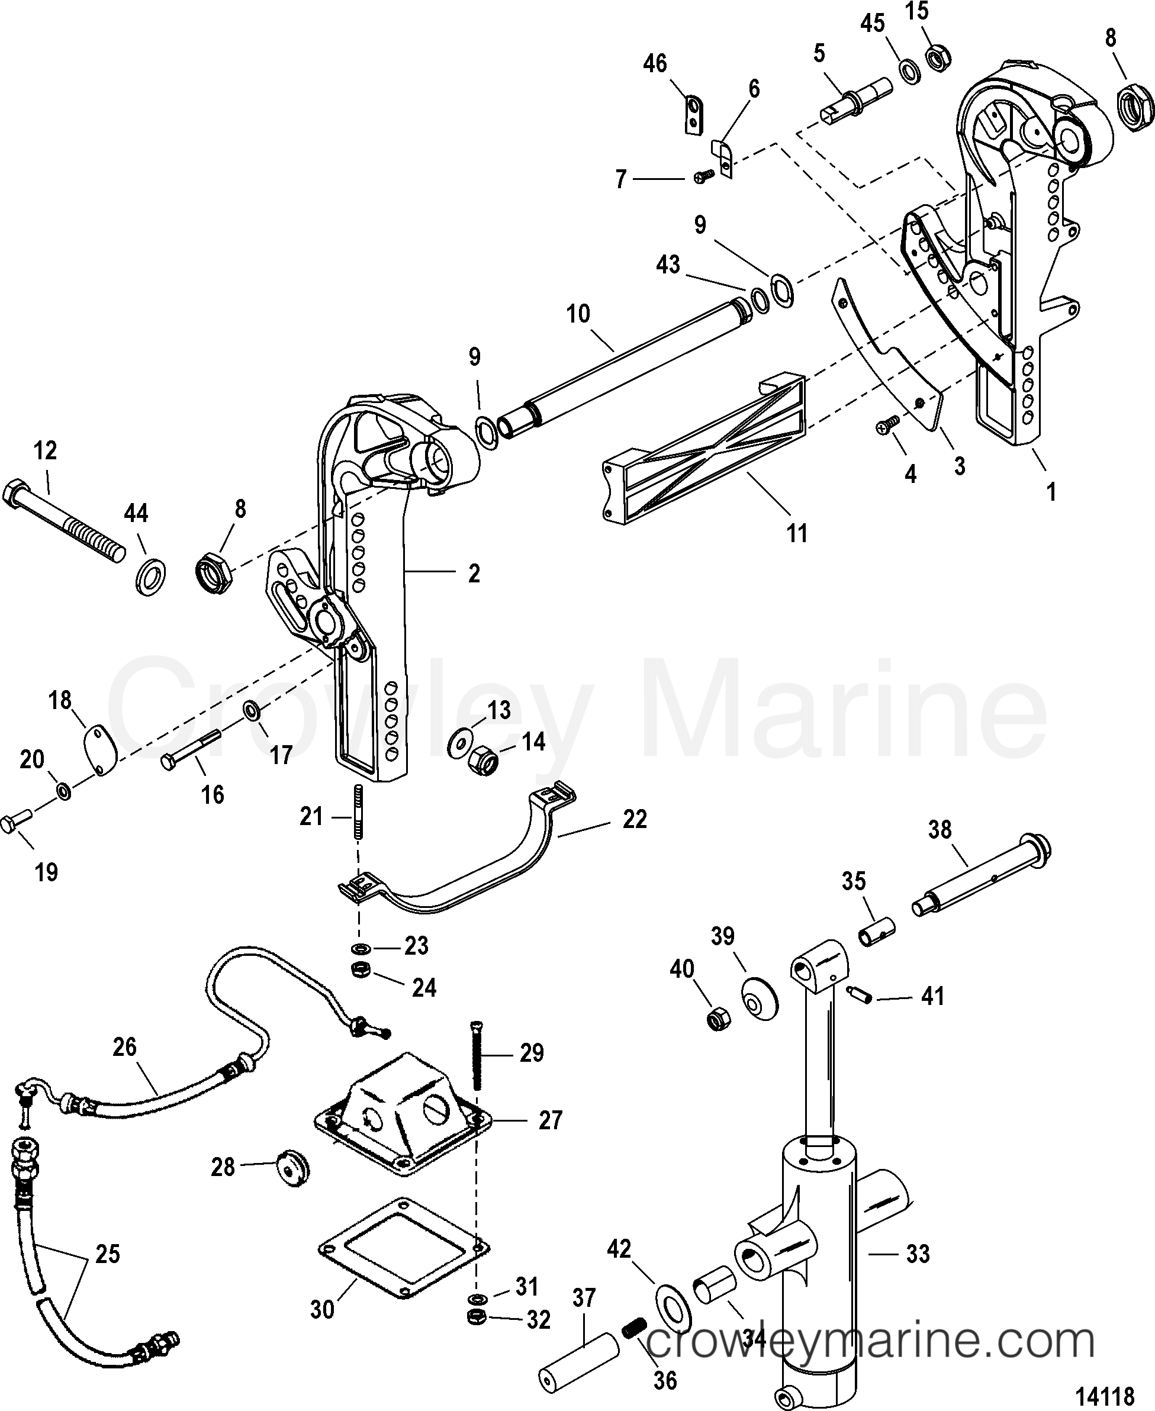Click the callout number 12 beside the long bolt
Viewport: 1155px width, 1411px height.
click(45, 450)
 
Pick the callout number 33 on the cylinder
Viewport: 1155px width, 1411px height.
click(918, 1254)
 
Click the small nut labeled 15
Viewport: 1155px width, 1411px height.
click(939, 60)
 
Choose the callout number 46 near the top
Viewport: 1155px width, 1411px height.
click(655, 64)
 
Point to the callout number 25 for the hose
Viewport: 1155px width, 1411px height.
click(108, 1254)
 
